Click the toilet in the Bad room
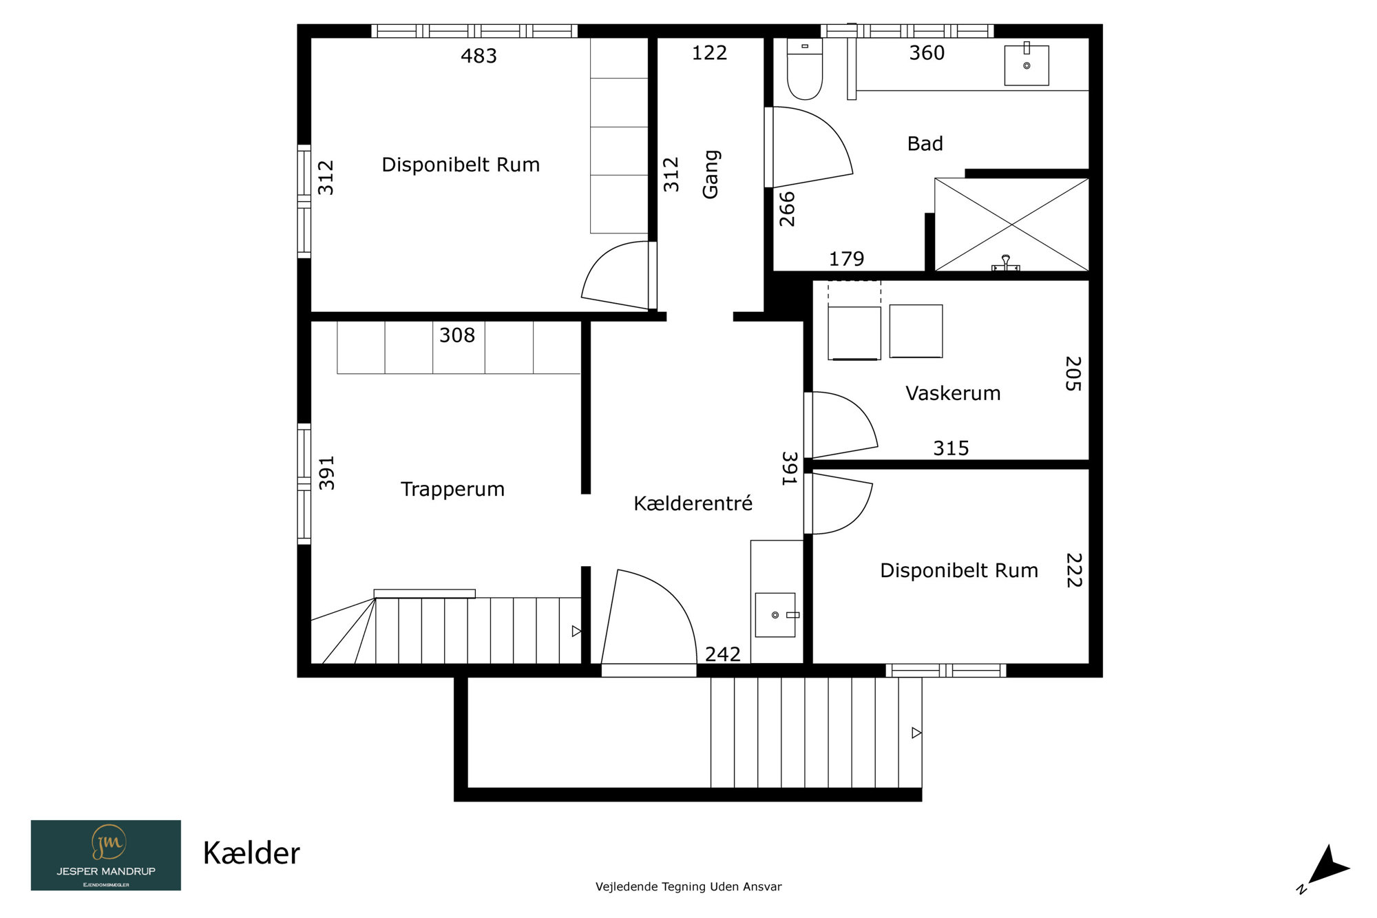805,69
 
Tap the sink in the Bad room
1027,65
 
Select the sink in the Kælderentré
777,614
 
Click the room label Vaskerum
953,393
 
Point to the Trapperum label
452,490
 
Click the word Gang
711,174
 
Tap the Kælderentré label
693,503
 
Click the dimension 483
479,56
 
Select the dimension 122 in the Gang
709,53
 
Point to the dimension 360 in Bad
927,53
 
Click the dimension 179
846,259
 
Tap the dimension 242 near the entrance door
722,654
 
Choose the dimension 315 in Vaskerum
951,448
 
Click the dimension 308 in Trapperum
457,335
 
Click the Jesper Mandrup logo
106,855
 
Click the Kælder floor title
251,853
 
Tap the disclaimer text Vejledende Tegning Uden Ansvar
688,887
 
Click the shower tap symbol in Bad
1005,263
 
